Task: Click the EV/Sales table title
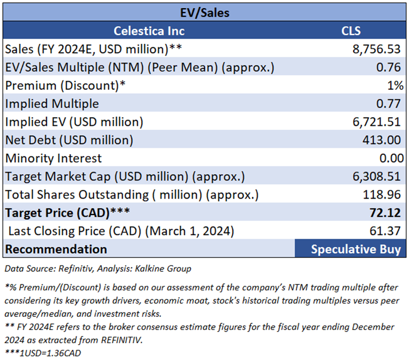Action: tap(204, 11)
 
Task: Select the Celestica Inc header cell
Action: tap(149, 31)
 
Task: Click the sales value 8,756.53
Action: tap(377, 49)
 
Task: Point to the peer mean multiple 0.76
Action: tap(392, 67)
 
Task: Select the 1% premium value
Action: tap(396, 85)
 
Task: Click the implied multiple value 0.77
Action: tap(392, 103)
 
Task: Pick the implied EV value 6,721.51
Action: tap(377, 121)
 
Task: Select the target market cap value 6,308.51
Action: tap(377, 177)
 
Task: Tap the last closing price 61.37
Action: tap(388, 231)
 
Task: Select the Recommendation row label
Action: tap(56, 249)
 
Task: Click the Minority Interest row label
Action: tap(54, 158)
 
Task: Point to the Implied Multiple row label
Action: tap(52, 103)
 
